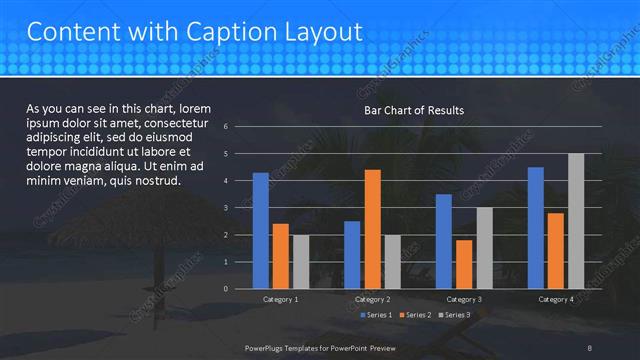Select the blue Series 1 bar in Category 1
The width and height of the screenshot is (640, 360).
click(x=261, y=230)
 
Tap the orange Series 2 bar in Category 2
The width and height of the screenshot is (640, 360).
click(x=372, y=229)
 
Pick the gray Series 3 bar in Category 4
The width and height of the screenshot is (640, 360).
click(x=576, y=221)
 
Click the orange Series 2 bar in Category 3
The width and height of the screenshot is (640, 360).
click(x=464, y=264)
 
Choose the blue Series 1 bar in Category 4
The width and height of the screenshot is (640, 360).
click(x=536, y=227)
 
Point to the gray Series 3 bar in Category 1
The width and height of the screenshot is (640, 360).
click(x=301, y=261)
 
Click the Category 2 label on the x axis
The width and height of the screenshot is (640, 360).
click(x=372, y=299)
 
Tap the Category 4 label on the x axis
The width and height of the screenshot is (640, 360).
click(x=556, y=299)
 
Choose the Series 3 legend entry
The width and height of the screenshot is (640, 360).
click(x=455, y=315)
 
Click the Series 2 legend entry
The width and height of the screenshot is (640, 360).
click(x=416, y=315)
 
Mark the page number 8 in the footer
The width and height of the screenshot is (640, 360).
click(x=590, y=347)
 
